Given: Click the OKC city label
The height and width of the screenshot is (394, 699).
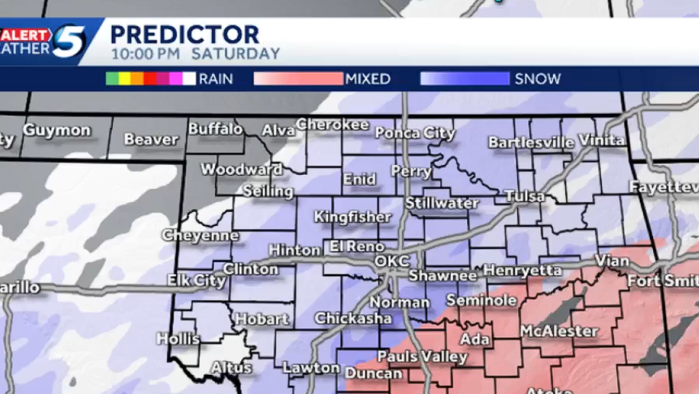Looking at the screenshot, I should pyautogui.click(x=390, y=262).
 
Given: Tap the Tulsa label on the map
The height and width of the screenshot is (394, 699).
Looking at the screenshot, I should pyautogui.click(x=524, y=196).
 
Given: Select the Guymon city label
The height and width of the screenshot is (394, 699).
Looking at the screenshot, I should pyautogui.click(x=57, y=130).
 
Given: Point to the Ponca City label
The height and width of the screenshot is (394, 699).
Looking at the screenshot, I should pyautogui.click(x=414, y=133).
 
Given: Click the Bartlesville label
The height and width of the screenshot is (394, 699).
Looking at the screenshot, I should pyautogui.click(x=531, y=142).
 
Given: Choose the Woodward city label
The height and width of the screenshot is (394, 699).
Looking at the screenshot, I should pyautogui.click(x=242, y=169).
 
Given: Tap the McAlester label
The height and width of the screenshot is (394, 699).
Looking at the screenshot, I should pyautogui.click(x=559, y=331).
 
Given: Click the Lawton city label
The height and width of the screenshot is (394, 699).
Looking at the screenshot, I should pyautogui.click(x=311, y=367).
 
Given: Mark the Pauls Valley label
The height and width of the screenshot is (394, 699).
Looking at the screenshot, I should pyautogui.click(x=422, y=356).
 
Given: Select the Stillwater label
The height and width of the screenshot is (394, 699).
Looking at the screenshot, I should pyautogui.click(x=442, y=203).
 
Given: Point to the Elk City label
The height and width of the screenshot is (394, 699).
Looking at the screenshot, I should pyautogui.click(x=196, y=280).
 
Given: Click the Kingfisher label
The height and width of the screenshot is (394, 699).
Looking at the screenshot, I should pyautogui.click(x=352, y=217).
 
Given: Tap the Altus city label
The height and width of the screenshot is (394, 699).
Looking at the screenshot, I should pyautogui.click(x=231, y=368).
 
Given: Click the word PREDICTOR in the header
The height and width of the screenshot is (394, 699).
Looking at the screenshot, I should pyautogui.click(x=185, y=34).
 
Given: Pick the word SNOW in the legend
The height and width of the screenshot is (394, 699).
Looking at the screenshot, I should pyautogui.click(x=538, y=79).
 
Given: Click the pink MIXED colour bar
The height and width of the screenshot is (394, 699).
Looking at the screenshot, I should pyautogui.click(x=298, y=79).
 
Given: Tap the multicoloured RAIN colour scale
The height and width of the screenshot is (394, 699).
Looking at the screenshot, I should pyautogui.click(x=150, y=79).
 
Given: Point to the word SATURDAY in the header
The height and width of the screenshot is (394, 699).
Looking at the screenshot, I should pyautogui.click(x=235, y=54).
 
